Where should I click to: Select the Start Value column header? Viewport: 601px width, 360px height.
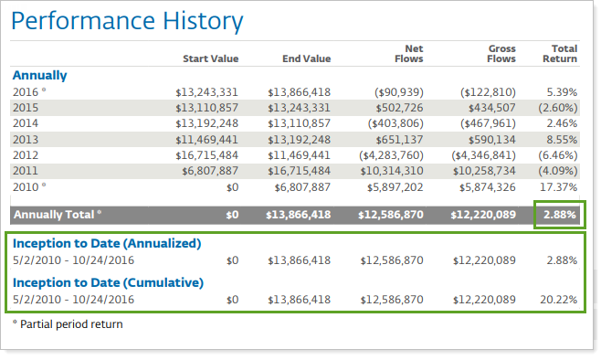pyautogui.click(x=210, y=58)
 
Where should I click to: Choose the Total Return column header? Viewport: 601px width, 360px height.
pyautogui.click(x=564, y=53)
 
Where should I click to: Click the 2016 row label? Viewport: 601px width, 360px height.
pyautogui.click(x=26, y=91)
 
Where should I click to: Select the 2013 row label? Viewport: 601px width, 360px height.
pyautogui.click(x=26, y=139)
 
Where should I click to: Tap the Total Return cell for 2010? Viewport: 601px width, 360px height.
pyautogui.click(x=558, y=186)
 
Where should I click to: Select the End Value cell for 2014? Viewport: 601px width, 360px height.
pyautogui.click(x=299, y=122)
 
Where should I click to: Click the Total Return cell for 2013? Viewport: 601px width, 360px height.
pyautogui.click(x=561, y=139)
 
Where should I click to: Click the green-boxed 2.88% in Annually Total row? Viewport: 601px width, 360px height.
pyautogui.click(x=560, y=214)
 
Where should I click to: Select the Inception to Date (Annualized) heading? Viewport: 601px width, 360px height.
pyautogui.click(x=106, y=243)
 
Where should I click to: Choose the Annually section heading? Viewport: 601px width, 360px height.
pyautogui.click(x=39, y=75)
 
